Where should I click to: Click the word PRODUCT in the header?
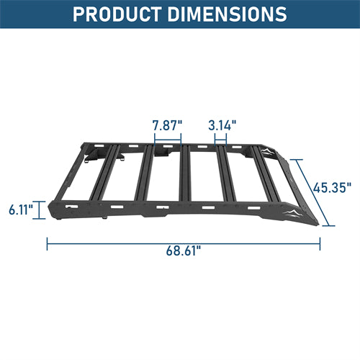(x=125, y=14)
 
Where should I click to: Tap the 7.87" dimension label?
(x=167, y=124)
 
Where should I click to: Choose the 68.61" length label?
(x=182, y=251)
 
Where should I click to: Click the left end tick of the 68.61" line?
(x=48, y=243)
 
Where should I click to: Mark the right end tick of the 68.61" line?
(x=320, y=243)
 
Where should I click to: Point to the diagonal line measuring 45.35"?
(x=315, y=191)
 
